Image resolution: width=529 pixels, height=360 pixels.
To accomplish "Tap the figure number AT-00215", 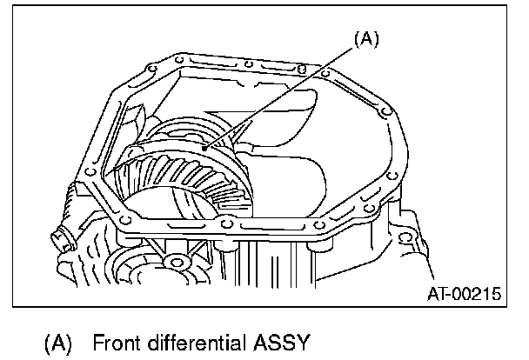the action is pos(465,294).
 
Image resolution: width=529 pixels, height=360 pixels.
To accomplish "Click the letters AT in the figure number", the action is pos(438,294).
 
